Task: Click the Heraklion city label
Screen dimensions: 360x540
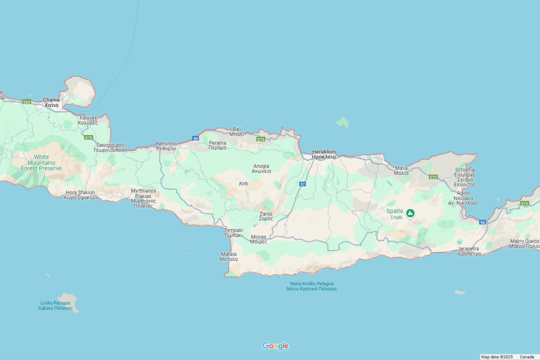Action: point(324,154)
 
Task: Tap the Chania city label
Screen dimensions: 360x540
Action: point(51,102)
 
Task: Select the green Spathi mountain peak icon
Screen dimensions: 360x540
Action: point(410,213)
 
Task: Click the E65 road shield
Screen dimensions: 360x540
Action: point(26,102)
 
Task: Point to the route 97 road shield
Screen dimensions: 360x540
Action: point(302,184)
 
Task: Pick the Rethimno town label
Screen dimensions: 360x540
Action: point(166,146)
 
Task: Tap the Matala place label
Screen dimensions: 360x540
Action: point(229,256)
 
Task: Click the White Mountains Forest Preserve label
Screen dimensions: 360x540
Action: point(41,162)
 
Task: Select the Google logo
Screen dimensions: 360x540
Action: point(275,346)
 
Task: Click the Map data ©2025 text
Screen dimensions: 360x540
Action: point(497,357)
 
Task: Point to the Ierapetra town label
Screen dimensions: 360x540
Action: point(469,251)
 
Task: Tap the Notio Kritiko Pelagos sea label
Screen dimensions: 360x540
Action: point(311,286)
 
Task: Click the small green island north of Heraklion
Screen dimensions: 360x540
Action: point(342,122)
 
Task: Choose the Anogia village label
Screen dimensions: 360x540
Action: point(261,168)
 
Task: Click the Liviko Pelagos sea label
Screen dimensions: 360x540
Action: point(55,305)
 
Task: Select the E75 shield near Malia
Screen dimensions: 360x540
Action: point(433,177)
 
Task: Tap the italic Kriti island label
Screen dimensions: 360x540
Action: point(243,183)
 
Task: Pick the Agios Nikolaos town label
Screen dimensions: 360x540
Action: point(463,198)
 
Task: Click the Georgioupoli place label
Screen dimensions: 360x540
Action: point(110,147)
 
